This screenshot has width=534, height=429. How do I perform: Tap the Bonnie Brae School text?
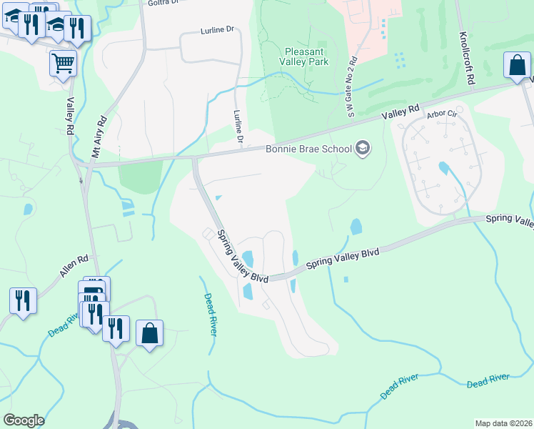click(308, 149)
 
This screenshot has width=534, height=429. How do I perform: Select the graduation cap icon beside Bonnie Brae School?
click(363, 148)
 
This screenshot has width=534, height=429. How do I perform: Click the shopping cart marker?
click(63, 63)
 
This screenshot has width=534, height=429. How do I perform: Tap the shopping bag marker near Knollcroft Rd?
click(517, 65)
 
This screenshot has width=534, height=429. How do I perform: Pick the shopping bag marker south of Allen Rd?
click(148, 333)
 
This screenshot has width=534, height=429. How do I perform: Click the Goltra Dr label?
click(161, 3)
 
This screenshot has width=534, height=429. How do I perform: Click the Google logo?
click(24, 420)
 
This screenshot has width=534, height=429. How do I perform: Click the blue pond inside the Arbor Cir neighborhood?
click(444, 169)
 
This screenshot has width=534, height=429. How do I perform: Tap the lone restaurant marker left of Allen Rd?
click(23, 300)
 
